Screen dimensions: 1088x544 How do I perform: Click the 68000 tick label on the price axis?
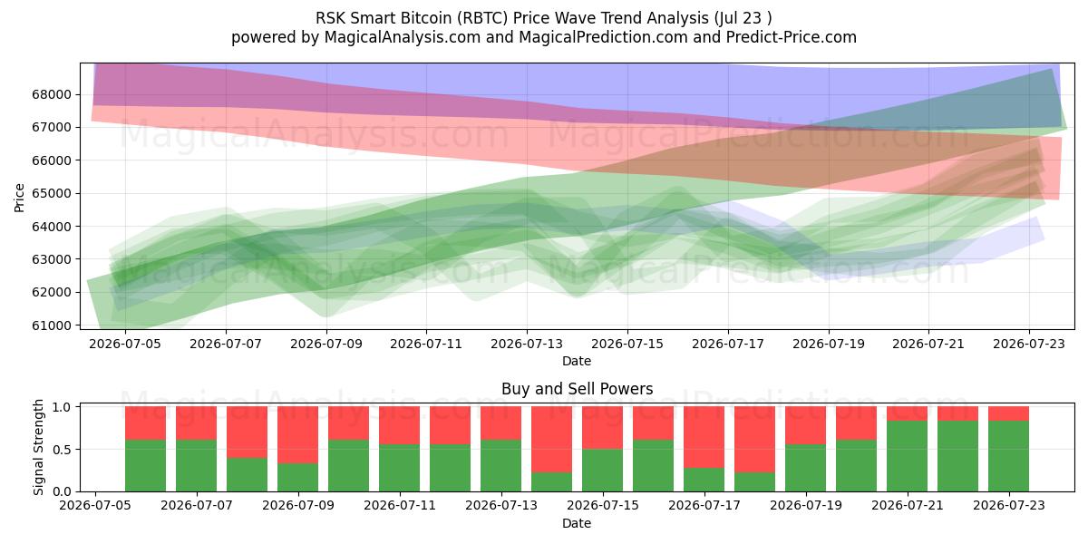(x=52, y=94)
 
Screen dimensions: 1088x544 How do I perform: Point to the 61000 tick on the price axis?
(x=52, y=325)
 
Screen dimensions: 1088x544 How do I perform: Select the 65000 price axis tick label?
(x=52, y=193)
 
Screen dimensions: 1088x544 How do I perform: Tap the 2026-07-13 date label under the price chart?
(x=527, y=344)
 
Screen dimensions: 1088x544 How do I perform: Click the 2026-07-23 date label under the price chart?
(x=1029, y=344)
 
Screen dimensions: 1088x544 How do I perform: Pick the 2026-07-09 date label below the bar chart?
(x=298, y=505)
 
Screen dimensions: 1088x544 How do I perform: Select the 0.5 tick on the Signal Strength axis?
(x=62, y=450)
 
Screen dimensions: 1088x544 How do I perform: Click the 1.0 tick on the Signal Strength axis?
(x=62, y=406)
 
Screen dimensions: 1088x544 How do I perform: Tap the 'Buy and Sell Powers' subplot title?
(x=577, y=389)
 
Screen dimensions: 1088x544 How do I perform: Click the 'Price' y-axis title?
(x=19, y=198)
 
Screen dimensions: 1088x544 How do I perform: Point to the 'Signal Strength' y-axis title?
(x=38, y=447)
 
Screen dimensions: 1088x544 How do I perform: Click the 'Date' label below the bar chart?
(x=577, y=523)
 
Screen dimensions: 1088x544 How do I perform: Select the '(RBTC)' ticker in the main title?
(x=482, y=18)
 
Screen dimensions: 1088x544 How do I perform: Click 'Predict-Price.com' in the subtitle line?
(x=792, y=37)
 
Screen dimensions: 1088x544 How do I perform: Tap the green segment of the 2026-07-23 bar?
(x=1008, y=456)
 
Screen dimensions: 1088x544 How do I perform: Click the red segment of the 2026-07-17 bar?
(x=704, y=437)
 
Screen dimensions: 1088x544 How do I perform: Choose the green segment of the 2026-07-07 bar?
(x=196, y=466)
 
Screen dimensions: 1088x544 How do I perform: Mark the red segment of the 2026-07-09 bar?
(x=297, y=434)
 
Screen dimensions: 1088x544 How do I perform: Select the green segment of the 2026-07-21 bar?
(x=907, y=456)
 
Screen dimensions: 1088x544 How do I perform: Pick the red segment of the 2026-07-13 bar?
(x=500, y=423)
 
